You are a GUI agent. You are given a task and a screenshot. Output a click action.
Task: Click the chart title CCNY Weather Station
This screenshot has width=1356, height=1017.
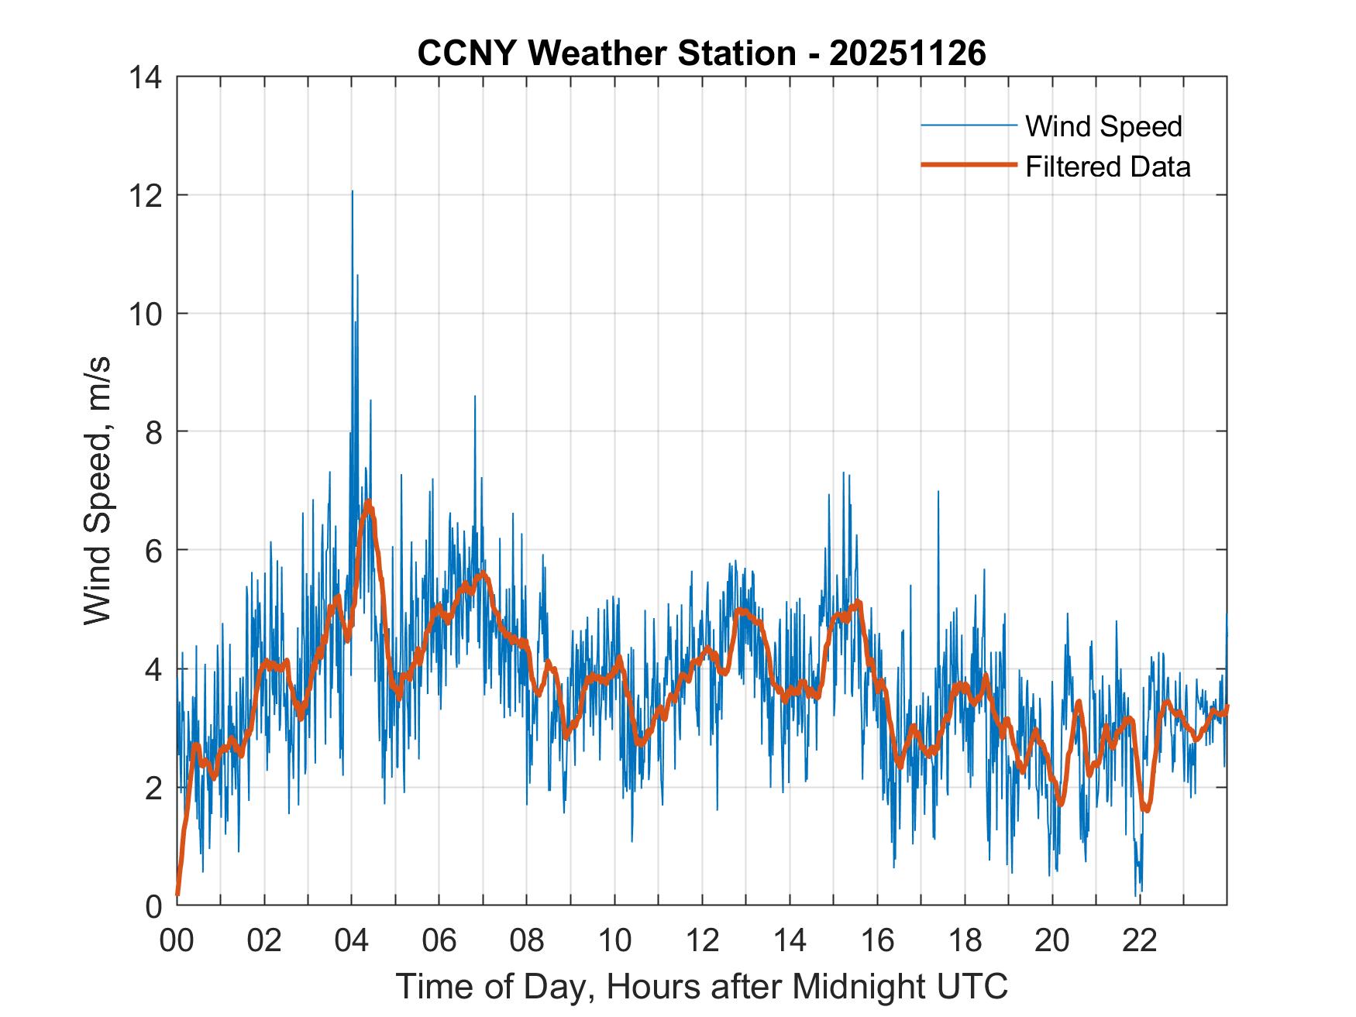(x=701, y=53)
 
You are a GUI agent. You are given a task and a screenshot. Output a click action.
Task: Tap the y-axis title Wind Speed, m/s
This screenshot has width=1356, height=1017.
(x=98, y=490)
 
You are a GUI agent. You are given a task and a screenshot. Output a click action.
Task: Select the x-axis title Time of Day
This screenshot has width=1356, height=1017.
(x=701, y=986)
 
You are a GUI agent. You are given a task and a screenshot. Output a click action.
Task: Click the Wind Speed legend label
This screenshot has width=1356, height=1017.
(x=1103, y=126)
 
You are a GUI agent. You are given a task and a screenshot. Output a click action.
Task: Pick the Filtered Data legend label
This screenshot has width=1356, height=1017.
(x=1107, y=167)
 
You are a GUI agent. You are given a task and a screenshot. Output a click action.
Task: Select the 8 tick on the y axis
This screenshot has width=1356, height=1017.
(x=153, y=431)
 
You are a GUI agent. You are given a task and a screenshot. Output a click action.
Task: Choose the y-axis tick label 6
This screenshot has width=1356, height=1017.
(x=153, y=550)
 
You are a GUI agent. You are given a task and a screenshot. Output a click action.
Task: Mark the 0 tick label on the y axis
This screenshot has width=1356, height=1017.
(x=153, y=905)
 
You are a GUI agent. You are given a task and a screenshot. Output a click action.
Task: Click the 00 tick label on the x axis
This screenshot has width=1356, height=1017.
(x=177, y=940)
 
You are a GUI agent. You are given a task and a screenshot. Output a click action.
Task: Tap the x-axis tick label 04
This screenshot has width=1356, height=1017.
(x=352, y=940)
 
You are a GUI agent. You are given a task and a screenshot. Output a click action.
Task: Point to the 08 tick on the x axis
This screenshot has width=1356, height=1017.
(x=527, y=940)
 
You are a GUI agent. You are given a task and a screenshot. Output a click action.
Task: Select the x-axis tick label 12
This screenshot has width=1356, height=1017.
(x=702, y=940)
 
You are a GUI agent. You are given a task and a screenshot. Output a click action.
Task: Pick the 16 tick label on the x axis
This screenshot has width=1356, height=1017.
(x=877, y=940)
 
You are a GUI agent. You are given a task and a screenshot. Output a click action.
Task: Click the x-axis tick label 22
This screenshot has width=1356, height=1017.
(x=1140, y=940)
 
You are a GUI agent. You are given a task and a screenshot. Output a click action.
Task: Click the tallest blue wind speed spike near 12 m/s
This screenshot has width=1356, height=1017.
(x=353, y=192)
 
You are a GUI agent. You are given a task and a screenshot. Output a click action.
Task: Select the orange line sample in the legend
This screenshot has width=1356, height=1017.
(x=969, y=165)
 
